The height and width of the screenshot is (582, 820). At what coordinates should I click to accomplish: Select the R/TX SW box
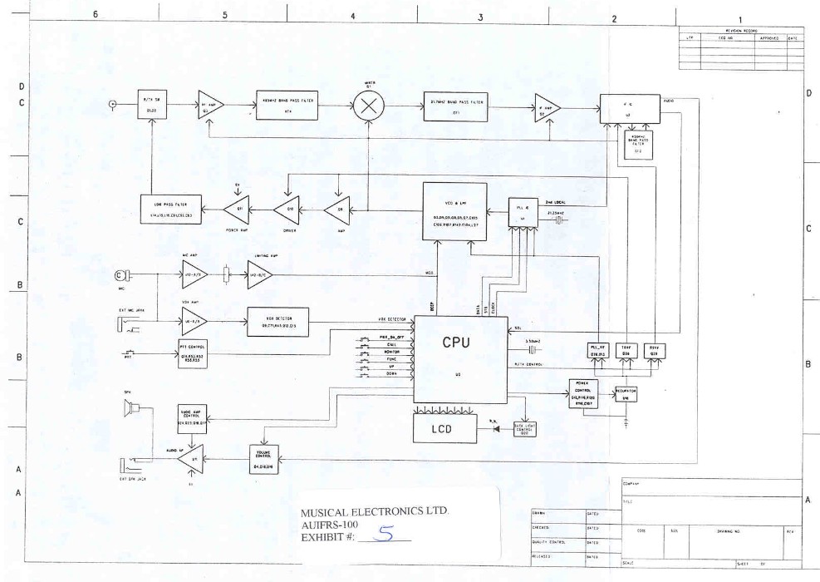pyautogui.click(x=150, y=105)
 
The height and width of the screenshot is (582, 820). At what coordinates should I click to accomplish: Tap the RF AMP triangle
pyautogui.click(x=208, y=105)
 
